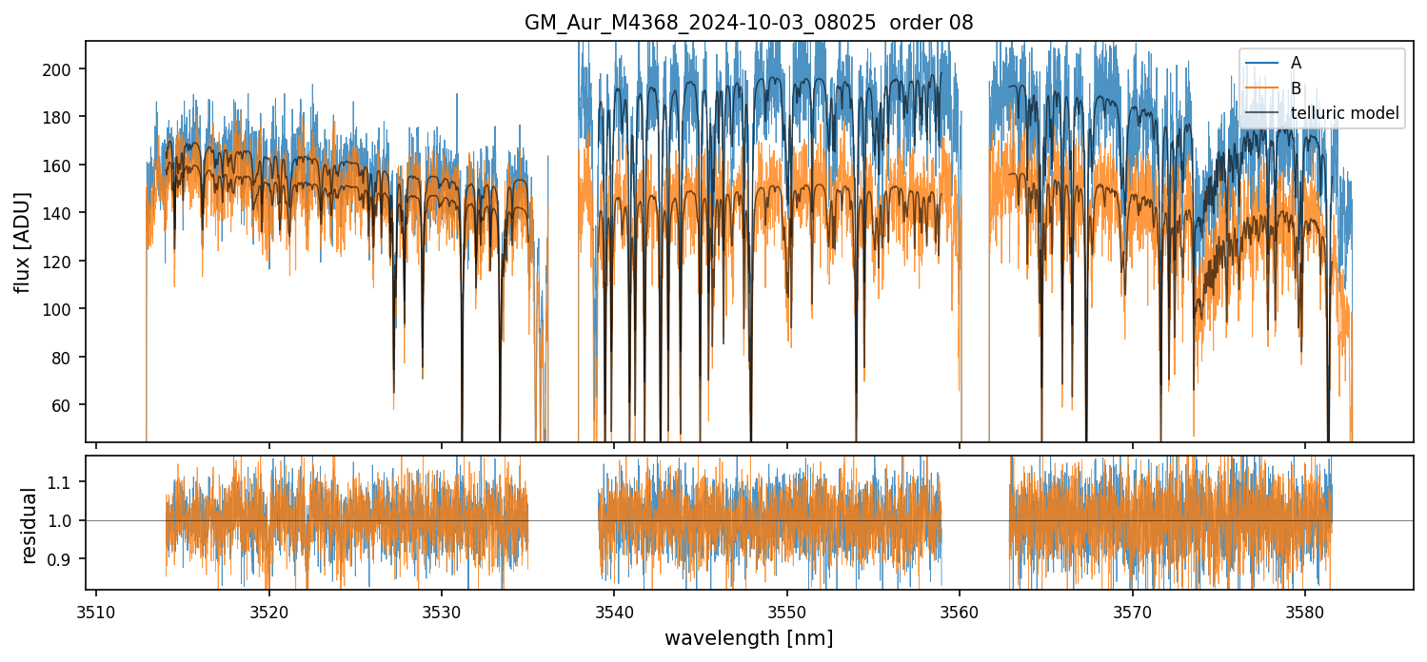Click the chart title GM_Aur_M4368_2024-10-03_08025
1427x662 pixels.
(x=748, y=23)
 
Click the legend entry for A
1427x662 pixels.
(x=1296, y=64)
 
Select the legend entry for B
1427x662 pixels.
(x=1296, y=88)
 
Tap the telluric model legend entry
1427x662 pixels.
(x=1344, y=113)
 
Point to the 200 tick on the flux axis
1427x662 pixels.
(x=68, y=69)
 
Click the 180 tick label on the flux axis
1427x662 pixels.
(x=68, y=117)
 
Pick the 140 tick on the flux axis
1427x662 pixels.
(x=68, y=213)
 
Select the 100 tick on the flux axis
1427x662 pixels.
(x=68, y=309)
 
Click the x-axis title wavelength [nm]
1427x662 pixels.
(x=748, y=637)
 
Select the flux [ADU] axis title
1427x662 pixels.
(x=22, y=242)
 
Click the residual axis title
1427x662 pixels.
(x=30, y=524)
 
